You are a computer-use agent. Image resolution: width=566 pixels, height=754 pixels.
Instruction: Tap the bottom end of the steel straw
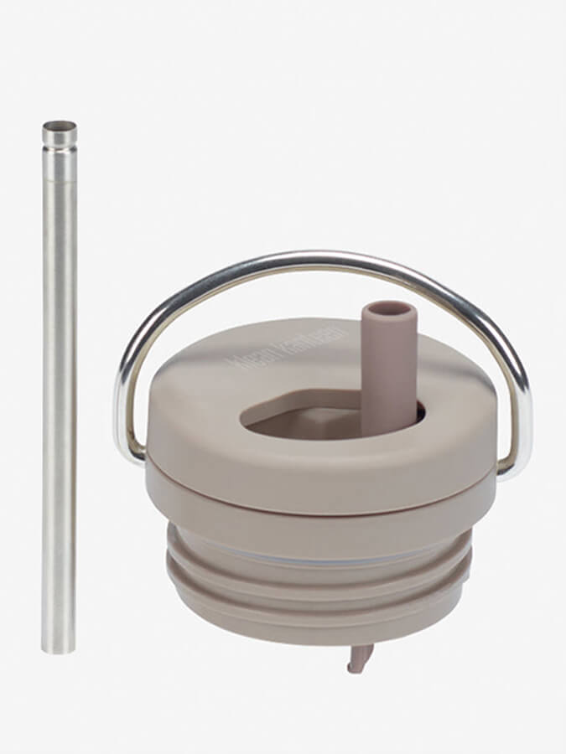coord(58,647)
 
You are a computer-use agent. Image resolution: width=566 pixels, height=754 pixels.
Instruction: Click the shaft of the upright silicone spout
coord(387,369)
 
